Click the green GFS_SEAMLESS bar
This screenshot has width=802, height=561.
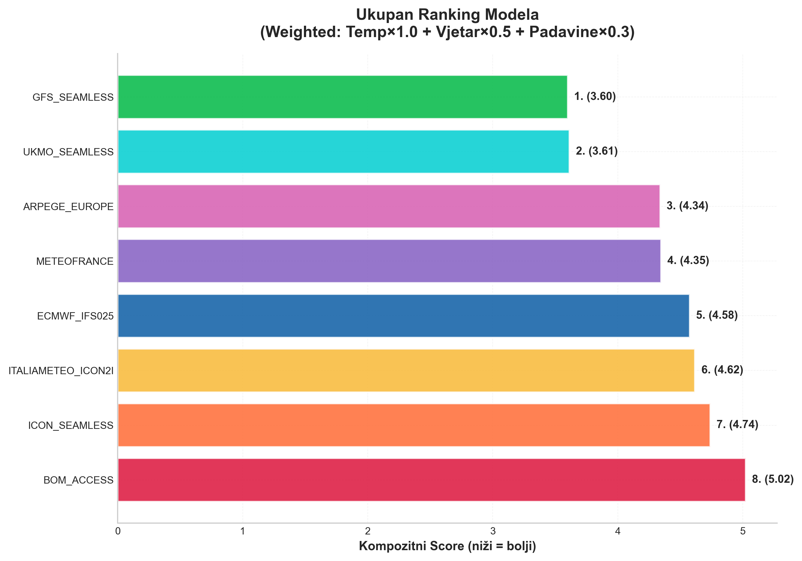point(342,97)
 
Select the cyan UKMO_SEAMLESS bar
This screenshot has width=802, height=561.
point(343,151)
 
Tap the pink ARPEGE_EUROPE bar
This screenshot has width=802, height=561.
point(388,206)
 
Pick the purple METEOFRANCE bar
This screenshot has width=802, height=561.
point(389,261)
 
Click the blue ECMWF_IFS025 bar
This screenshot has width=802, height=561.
point(403,316)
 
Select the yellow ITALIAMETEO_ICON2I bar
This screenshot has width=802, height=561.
point(406,370)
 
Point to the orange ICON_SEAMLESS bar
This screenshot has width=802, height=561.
point(414,425)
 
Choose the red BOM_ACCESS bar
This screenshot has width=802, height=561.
point(431,480)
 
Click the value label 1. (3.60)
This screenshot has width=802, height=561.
point(595,97)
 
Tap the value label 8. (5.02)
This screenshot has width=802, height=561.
point(773,479)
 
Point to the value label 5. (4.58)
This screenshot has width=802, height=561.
point(717,315)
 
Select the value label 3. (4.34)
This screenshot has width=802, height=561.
point(687,206)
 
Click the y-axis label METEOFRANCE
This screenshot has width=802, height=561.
point(75,262)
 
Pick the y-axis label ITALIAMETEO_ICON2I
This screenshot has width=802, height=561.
point(61,371)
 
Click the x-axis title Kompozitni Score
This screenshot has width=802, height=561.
point(447,546)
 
